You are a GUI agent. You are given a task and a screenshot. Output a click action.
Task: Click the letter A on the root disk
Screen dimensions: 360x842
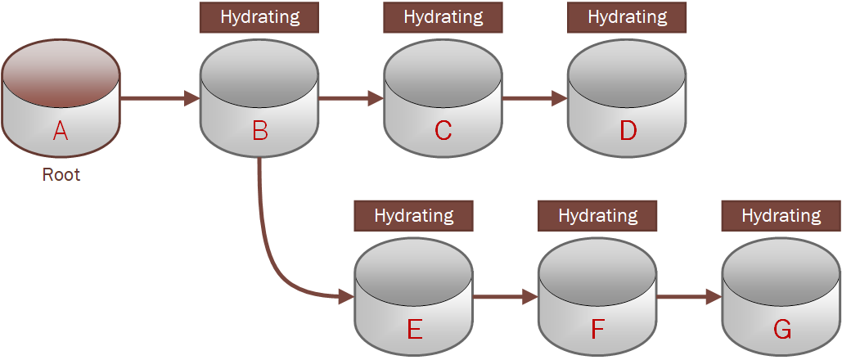pos(61,130)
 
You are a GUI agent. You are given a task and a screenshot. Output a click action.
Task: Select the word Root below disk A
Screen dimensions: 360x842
pos(61,175)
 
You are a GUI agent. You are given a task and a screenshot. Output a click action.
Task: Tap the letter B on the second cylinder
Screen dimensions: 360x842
pos(259,131)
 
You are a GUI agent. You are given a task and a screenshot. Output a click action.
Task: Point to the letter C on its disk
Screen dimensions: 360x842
pos(443,131)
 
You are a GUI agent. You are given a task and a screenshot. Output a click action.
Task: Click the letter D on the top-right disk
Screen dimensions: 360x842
pos(628,131)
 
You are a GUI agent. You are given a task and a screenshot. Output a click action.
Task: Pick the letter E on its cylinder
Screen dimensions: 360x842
pos(414,330)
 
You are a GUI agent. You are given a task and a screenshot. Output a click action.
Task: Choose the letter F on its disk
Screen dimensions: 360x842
pos(597,330)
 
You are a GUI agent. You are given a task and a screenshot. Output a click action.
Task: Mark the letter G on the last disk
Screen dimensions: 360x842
pos(781,330)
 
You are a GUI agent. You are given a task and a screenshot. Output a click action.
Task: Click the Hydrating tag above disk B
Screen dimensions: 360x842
pos(259,17)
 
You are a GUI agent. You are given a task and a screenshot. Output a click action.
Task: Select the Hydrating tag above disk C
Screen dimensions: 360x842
pos(443,17)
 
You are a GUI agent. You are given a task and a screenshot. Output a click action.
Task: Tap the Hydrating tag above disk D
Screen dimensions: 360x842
pos(627,17)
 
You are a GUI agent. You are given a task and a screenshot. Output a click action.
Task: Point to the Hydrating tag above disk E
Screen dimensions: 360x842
pos(413,216)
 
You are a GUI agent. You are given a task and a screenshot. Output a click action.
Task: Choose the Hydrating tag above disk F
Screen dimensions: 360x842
pos(597,216)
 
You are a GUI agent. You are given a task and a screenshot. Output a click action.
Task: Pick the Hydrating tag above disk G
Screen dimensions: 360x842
pos(781,216)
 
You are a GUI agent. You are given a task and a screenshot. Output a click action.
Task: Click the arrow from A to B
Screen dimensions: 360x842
pos(160,98)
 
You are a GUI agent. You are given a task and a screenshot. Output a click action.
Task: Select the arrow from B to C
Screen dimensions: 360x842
pos(350,98)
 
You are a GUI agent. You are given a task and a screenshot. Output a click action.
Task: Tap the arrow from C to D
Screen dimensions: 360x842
pos(534,98)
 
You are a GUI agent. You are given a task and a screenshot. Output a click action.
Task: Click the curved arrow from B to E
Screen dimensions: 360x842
pos(270,254)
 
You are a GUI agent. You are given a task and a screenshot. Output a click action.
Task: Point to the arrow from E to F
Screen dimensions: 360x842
pos(505,297)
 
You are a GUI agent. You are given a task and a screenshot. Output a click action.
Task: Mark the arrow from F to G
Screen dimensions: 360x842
pos(689,297)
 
